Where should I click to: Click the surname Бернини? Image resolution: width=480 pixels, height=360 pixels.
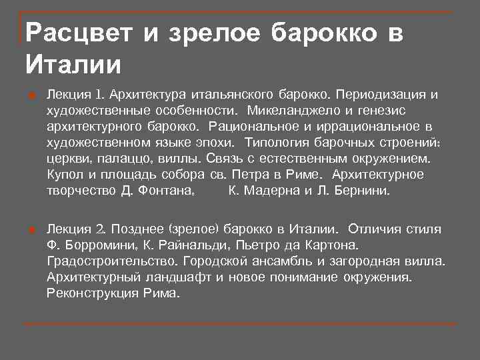[369, 191]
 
